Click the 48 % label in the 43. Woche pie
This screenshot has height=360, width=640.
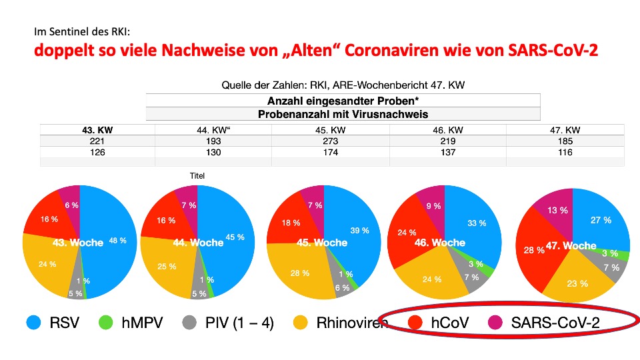118,241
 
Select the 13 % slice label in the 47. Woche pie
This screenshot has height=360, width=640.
558,210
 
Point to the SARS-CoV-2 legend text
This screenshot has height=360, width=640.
555,323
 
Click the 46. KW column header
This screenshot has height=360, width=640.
448,130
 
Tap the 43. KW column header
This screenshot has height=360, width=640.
97,130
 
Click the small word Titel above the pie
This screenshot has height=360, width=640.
197,176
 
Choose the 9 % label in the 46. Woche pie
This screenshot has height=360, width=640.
434,206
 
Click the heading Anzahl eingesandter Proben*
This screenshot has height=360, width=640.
343,101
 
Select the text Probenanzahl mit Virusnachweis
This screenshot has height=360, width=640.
343,114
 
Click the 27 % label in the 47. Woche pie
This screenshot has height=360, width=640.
601,220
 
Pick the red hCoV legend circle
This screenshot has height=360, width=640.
415,323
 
